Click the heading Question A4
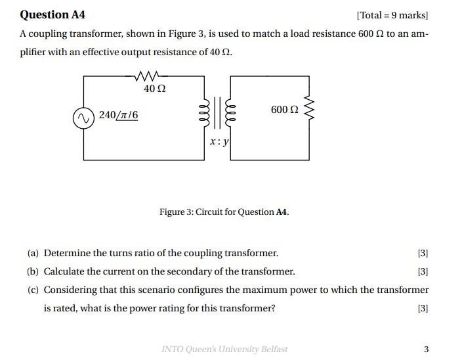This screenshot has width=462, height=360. click(52, 14)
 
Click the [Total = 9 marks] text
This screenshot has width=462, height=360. click(392, 15)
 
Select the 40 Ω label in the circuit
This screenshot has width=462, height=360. click(154, 88)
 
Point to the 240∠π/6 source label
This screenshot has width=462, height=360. click(119, 116)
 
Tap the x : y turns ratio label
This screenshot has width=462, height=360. click(219, 141)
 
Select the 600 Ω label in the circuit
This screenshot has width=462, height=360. click(284, 110)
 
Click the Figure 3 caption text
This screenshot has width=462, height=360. click(224, 212)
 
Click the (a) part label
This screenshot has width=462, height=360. click(33, 253)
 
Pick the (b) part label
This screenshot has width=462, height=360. click(33, 271)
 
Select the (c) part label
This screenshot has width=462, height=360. click(33, 290)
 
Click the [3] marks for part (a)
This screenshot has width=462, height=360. click(423, 253)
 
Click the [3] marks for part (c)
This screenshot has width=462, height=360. click(423, 308)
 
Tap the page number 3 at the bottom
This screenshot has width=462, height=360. click(426, 349)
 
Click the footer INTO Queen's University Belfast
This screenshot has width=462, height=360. click(224, 349)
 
